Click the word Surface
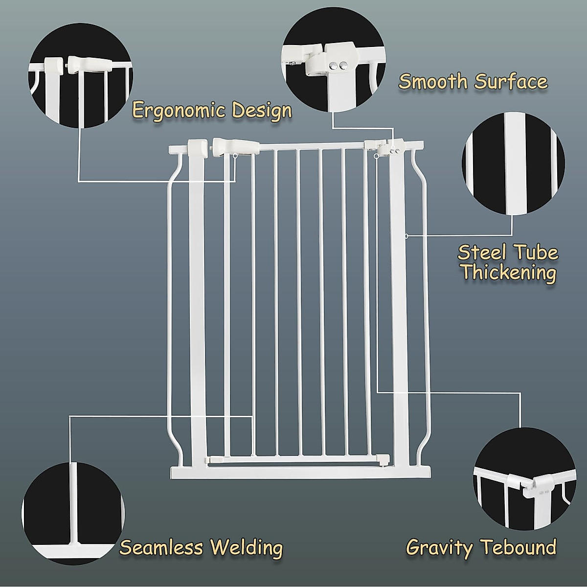[511, 82]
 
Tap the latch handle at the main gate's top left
[235, 145]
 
